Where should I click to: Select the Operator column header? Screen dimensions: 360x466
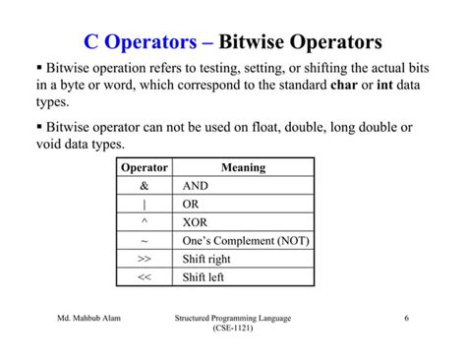pyautogui.click(x=144, y=167)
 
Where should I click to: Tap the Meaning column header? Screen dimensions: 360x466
pyautogui.click(x=243, y=167)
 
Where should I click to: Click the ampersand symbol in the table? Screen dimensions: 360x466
pyautogui.click(x=144, y=186)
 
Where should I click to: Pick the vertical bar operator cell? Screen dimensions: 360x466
pyautogui.click(x=144, y=205)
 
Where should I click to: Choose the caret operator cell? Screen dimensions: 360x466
pyautogui.click(x=144, y=222)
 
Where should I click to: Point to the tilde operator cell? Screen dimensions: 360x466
pyautogui.click(x=144, y=241)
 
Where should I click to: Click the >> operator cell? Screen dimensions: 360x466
pyautogui.click(x=144, y=260)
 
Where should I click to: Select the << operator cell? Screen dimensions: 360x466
pyautogui.click(x=144, y=277)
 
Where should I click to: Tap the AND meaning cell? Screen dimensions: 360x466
pyautogui.click(x=197, y=186)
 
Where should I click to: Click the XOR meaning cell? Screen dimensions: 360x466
pyautogui.click(x=197, y=222)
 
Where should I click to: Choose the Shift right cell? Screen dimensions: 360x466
pyautogui.click(x=206, y=260)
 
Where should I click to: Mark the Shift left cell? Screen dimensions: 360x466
pyautogui.click(x=204, y=277)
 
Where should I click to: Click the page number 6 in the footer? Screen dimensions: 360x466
pyautogui.click(x=406, y=319)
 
